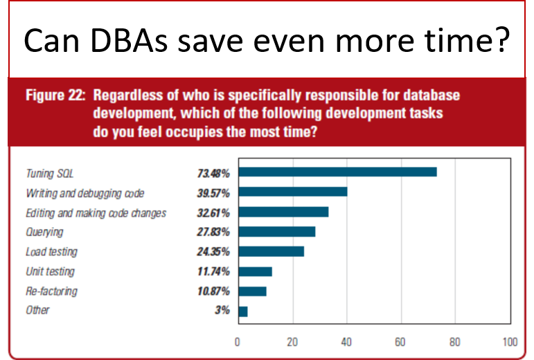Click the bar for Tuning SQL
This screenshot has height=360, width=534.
pyautogui.click(x=337, y=172)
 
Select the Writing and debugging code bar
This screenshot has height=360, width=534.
pyautogui.click(x=292, y=192)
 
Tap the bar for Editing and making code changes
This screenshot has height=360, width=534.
pyautogui.click(x=283, y=212)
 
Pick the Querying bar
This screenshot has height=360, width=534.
pyautogui.click(x=276, y=231)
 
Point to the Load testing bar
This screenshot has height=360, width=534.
pyautogui.click(x=271, y=251)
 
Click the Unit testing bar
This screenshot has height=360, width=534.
pyautogui.click(x=254, y=271)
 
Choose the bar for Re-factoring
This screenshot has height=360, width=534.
pyautogui.click(x=252, y=291)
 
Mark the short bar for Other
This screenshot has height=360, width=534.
pyautogui.click(x=242, y=311)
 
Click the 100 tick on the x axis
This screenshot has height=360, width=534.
pyautogui.click(x=510, y=341)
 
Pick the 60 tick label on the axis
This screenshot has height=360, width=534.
pyautogui.click(x=400, y=341)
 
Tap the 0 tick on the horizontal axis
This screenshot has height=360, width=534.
pyautogui.click(x=238, y=341)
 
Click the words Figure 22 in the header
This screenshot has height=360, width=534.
pyautogui.click(x=55, y=95)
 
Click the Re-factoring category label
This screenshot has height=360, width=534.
pyautogui.click(x=51, y=291)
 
